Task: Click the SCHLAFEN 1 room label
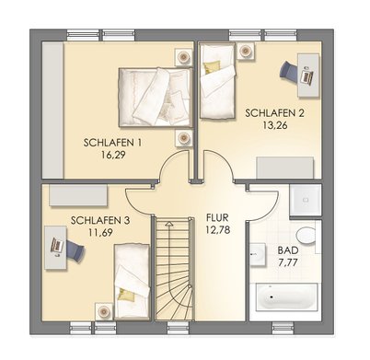click(x=112, y=143)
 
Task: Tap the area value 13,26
click(x=275, y=125)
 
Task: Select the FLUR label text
click(x=217, y=217)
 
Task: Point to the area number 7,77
click(x=288, y=262)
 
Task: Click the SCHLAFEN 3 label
click(x=100, y=220)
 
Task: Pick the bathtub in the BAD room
click(x=285, y=297)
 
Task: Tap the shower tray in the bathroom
click(x=306, y=200)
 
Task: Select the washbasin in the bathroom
click(x=258, y=254)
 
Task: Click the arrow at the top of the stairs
click(x=168, y=224)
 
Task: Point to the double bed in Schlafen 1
click(x=156, y=97)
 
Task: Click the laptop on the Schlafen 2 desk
click(x=306, y=75)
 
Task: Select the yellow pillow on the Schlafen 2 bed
click(x=212, y=67)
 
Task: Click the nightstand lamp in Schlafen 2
click(x=246, y=51)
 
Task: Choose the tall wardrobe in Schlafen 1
click(x=52, y=110)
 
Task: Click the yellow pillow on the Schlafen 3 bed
click(x=127, y=295)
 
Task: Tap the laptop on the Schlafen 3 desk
click(x=57, y=246)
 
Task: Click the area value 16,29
click(x=113, y=155)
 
